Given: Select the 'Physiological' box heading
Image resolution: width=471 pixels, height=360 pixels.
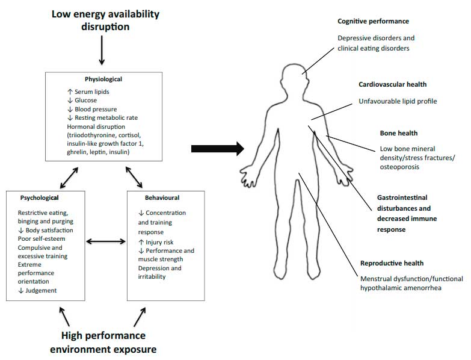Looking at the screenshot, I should [x=103, y=79].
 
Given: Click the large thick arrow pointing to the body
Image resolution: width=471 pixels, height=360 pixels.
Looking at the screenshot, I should [x=217, y=148].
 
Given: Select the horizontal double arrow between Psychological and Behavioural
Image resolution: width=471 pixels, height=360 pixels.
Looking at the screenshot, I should [x=106, y=242].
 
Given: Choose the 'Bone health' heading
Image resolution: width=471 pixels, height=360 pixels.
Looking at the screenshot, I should [x=398, y=133].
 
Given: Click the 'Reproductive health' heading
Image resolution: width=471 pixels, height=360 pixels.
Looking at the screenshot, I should [x=392, y=263].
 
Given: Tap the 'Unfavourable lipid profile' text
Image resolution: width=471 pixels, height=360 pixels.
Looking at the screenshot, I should [x=398, y=101].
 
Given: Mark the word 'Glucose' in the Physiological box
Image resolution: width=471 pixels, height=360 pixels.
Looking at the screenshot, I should [x=87, y=101].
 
